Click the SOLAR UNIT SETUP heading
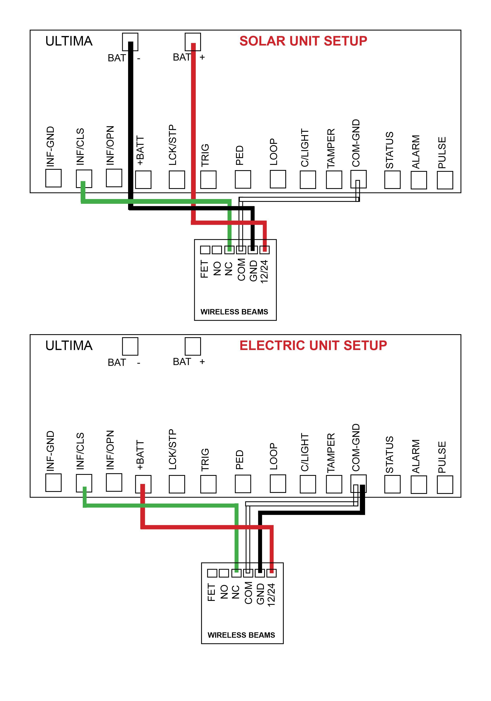click(x=303, y=41)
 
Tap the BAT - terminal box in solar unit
click(x=130, y=42)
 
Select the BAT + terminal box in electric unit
click(x=193, y=346)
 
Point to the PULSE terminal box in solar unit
click(x=445, y=180)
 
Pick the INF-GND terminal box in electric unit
click(x=53, y=483)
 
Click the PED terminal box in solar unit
click(x=243, y=179)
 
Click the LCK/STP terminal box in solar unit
click(x=177, y=179)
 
